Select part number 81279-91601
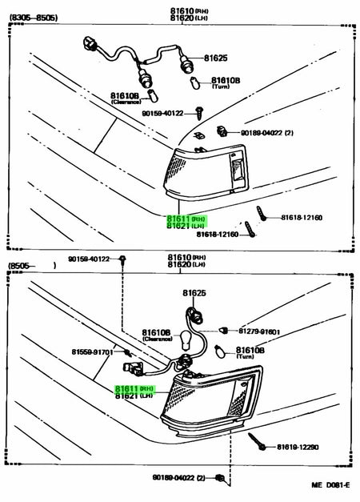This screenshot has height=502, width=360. pos(259,331)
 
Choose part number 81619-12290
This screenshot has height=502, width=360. pos(299,447)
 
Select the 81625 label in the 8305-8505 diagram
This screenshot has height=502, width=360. pos(215,58)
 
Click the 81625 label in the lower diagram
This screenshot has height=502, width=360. pos(185,294)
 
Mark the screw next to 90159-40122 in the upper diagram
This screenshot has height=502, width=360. pos(198,114)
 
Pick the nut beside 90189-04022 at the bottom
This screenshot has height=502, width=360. pos(220,479)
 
